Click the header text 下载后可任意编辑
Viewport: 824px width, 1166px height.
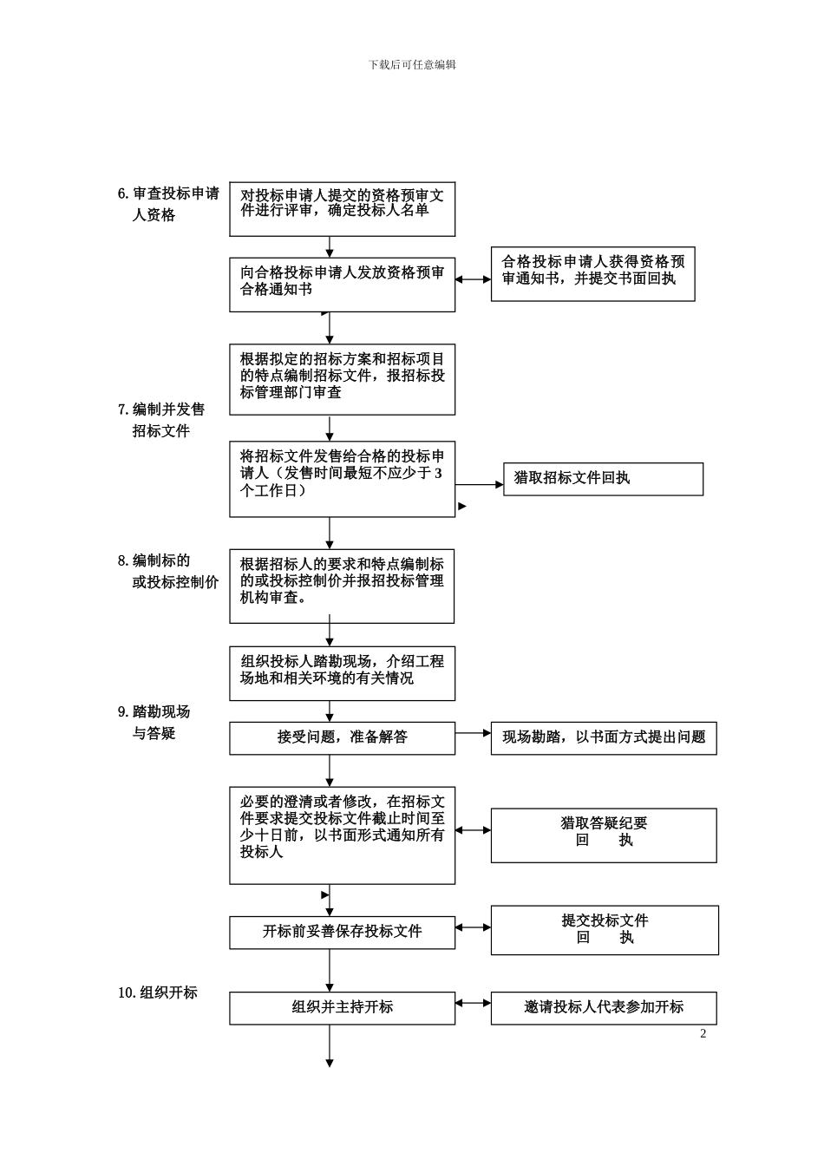tap(412, 64)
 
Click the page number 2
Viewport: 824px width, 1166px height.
tap(703, 1033)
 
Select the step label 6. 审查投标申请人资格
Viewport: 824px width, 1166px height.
tap(168, 204)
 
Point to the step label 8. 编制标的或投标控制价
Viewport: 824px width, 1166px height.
tap(168, 572)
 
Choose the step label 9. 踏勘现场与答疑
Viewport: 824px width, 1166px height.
tap(154, 722)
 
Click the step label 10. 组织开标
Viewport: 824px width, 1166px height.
tap(158, 992)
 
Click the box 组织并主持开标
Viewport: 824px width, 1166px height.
tap(342, 1007)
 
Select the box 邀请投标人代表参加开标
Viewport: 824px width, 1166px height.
tap(604, 1007)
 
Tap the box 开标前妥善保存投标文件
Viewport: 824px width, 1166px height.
tap(342, 932)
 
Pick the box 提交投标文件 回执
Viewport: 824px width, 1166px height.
tap(605, 929)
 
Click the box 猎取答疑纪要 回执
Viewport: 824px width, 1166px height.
tap(604, 835)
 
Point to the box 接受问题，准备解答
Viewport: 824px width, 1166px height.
tap(342, 737)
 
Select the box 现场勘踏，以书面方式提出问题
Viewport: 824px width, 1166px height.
tap(604, 737)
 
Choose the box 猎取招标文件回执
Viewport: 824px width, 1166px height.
tap(603, 478)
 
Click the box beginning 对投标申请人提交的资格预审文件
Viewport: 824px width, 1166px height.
tap(342, 208)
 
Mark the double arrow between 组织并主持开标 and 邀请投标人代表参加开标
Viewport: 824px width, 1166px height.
tap(473, 1004)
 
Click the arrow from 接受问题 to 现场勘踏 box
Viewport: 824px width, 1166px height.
tap(473, 733)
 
